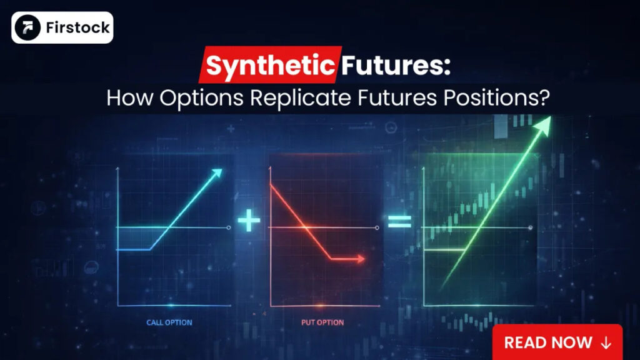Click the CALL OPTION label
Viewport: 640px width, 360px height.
tap(169, 322)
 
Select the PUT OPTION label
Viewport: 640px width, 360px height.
tap(322, 322)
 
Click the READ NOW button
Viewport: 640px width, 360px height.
tap(557, 342)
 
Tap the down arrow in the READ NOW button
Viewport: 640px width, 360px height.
tap(605, 342)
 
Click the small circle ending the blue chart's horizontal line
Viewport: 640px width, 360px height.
tap(229, 228)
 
